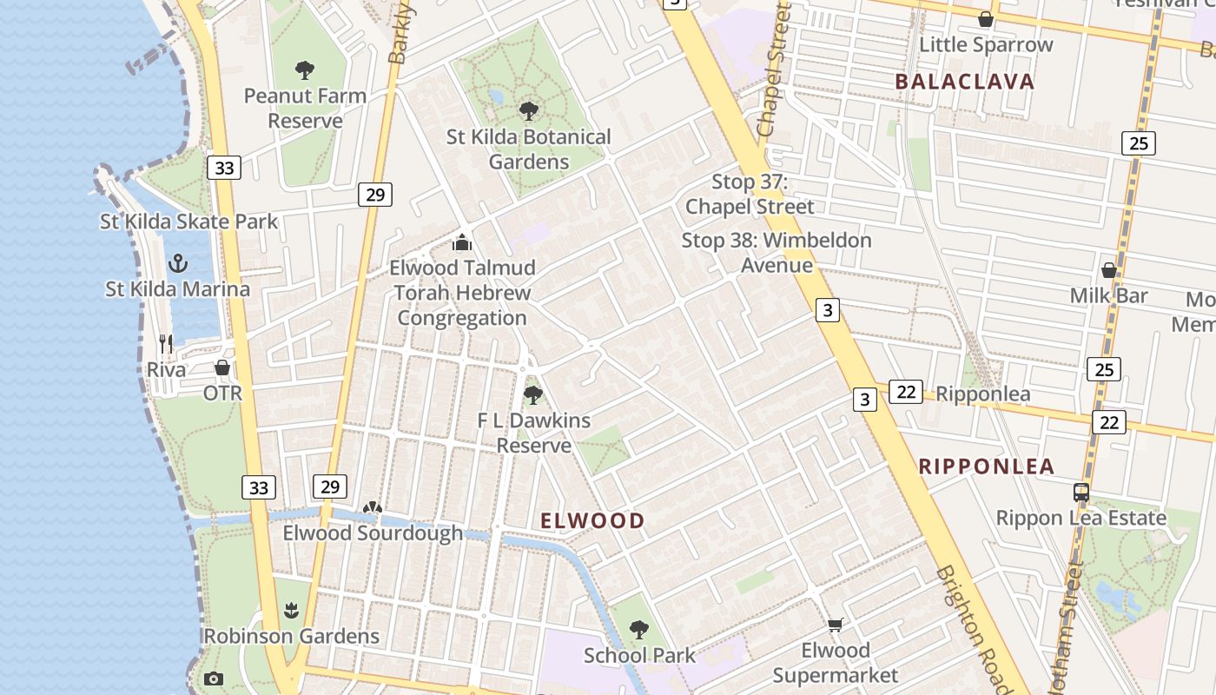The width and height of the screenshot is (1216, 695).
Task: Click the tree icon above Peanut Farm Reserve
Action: [x=304, y=70]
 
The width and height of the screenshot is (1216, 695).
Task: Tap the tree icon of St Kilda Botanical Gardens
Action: [x=528, y=111]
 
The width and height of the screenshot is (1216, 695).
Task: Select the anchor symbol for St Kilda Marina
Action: [x=178, y=263]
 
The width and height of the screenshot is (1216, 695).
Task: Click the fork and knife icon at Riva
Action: [x=166, y=344]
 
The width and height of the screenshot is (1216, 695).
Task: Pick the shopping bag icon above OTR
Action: [x=222, y=367]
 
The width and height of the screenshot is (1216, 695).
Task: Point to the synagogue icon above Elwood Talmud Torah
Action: [x=462, y=242]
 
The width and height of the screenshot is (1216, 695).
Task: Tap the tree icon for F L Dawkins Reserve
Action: [x=533, y=395]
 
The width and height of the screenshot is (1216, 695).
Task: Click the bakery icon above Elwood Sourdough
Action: [x=373, y=507]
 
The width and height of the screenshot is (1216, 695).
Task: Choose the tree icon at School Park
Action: [x=639, y=629]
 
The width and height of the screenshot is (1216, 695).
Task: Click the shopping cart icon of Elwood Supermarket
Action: [x=836, y=625]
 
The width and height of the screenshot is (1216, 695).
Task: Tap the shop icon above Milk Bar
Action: [x=1109, y=270]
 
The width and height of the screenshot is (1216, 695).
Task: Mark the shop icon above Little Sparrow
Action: [x=986, y=19]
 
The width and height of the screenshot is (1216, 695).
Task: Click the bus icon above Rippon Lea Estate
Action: [x=1081, y=493]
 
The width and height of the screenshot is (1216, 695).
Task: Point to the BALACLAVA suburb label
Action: [x=964, y=82]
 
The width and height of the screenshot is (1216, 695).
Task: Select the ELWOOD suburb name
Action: [x=593, y=520]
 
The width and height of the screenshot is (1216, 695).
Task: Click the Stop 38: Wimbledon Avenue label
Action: [x=777, y=252]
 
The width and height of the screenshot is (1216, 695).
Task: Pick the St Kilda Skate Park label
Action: [x=189, y=221]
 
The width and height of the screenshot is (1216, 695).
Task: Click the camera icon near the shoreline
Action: [x=214, y=679]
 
